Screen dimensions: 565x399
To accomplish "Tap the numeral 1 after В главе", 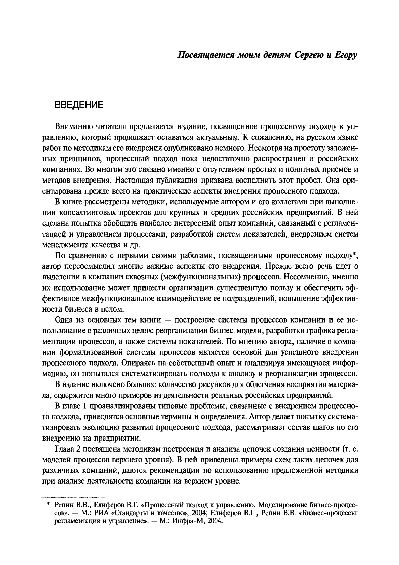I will pos(85,406).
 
